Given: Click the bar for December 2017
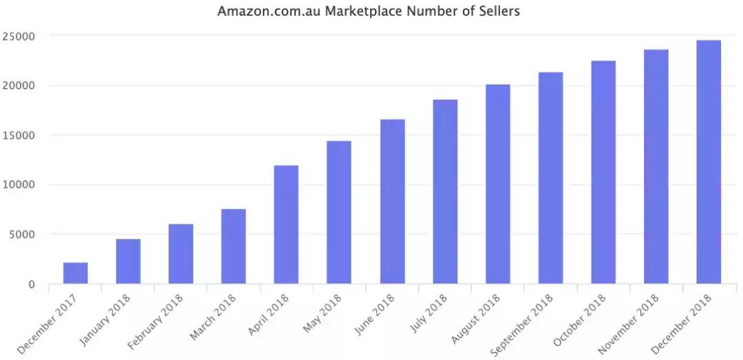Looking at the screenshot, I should click(x=75, y=273).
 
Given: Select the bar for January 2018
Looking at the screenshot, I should click(x=128, y=262).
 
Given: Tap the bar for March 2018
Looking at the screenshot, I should click(x=233, y=246).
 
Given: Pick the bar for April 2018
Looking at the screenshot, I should click(x=286, y=224).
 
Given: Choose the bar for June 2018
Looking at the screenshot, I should click(x=392, y=202).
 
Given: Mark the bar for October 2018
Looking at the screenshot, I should click(x=603, y=172).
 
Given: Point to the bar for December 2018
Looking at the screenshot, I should click(x=709, y=162).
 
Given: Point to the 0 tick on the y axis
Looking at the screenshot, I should click(x=32, y=284).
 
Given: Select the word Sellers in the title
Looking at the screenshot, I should click(x=499, y=12).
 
